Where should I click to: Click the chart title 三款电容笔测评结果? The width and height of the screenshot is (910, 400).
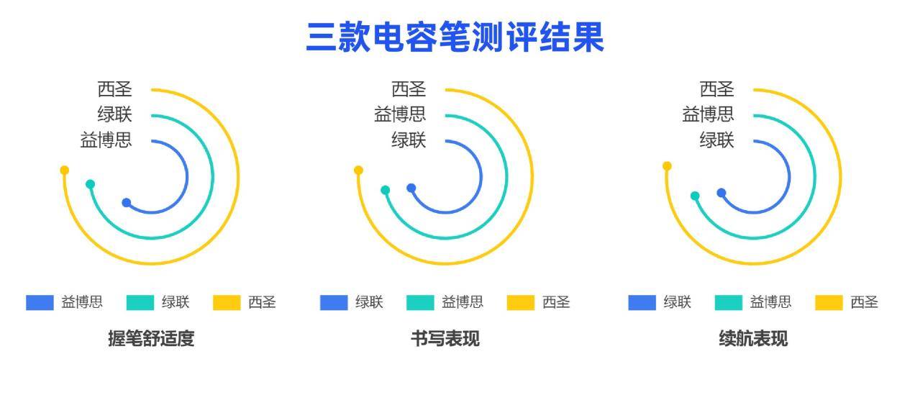455,37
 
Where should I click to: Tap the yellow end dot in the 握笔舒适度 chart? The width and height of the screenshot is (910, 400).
65,171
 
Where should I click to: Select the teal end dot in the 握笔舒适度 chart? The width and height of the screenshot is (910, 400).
90,184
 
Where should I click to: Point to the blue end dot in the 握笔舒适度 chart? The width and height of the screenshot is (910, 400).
127,203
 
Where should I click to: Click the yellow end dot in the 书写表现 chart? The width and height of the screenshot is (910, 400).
358,171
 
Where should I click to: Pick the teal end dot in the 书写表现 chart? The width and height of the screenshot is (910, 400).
385,190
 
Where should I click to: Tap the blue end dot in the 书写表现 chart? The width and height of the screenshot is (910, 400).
411,188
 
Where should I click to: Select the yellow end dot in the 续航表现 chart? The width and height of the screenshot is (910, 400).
667,165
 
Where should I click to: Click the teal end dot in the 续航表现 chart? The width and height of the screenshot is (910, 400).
695,196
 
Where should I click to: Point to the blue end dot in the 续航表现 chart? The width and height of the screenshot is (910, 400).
722,193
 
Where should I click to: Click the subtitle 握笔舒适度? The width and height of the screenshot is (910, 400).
151,338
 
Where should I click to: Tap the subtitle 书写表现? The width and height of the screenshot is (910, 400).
445,338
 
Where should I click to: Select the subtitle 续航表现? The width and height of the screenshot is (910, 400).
753,338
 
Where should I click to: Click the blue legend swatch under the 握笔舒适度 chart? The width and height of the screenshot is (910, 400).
40,303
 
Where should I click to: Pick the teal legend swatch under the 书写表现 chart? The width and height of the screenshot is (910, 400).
420,303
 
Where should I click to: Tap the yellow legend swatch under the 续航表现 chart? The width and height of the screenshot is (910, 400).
829,303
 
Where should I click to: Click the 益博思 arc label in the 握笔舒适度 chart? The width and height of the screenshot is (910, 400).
106,140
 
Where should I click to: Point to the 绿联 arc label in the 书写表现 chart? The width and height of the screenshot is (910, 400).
409,140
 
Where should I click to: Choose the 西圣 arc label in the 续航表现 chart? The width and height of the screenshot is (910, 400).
716,89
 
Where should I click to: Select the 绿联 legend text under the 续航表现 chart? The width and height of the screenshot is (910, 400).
677,302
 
